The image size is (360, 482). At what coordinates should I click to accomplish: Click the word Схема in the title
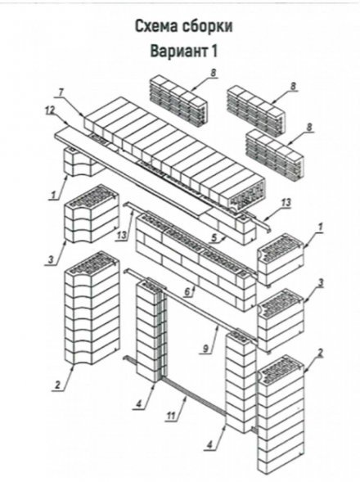coord(156,26)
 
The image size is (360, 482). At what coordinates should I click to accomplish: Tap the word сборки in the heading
coord(208,26)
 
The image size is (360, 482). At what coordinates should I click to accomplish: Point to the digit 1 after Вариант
coord(214,51)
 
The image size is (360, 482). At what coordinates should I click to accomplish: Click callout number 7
coord(61,92)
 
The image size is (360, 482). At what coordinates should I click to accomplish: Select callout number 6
coord(188,292)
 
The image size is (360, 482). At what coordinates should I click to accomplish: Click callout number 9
coord(206,349)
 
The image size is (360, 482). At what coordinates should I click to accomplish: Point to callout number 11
coord(171,416)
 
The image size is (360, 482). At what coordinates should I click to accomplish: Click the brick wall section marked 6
coord(196,261)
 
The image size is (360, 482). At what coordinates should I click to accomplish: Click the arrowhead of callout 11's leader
coord(186,397)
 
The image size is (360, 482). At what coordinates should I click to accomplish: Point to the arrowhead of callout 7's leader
coord(83,115)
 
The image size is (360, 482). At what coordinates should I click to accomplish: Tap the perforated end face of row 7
coord(246,196)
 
